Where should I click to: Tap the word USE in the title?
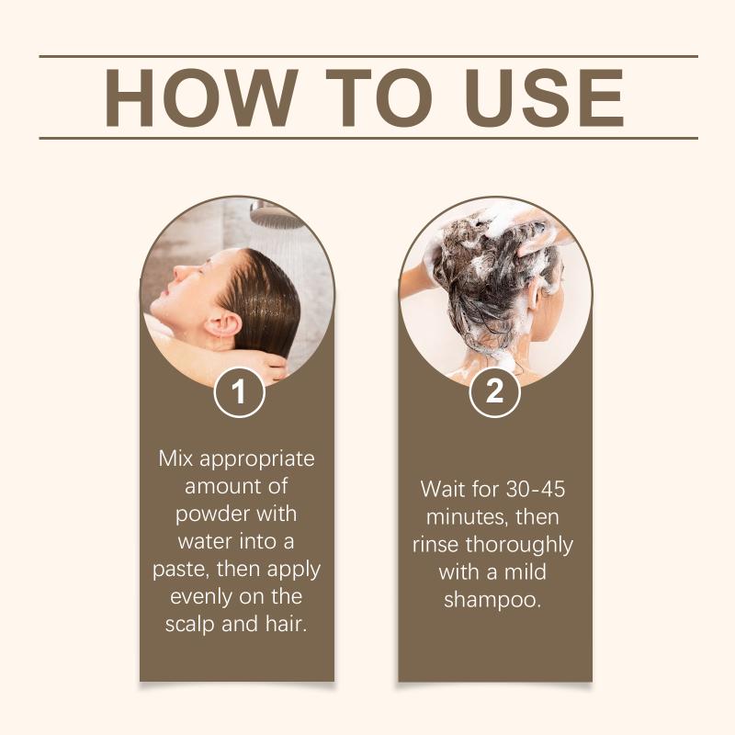coord(545,97)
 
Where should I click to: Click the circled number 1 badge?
coord(239,392)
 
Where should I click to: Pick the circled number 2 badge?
coord(494,392)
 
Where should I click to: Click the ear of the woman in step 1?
coord(224,324)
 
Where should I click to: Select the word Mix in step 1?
coord(175,458)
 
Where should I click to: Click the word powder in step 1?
coord(210,514)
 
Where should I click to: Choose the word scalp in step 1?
coord(189,625)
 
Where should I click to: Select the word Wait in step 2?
coord(444,490)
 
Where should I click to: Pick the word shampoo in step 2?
coord(492,601)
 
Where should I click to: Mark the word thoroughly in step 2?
coord(519,546)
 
